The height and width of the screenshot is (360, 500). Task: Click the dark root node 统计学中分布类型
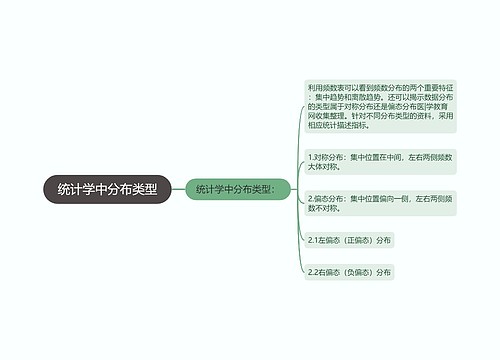point(108,188)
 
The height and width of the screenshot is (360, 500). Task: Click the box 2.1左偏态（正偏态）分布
point(350,240)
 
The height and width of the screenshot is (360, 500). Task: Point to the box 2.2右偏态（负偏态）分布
point(350,272)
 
